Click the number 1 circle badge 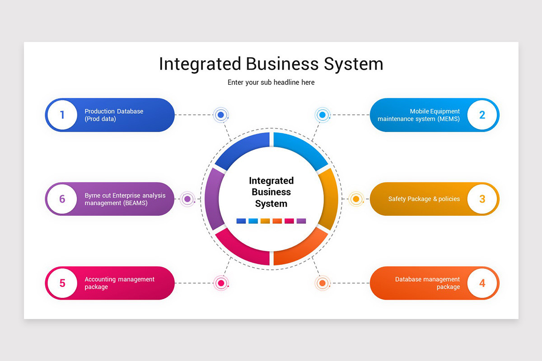point(62,115)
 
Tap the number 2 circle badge point(482,115)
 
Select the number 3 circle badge point(482,199)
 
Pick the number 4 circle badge point(482,283)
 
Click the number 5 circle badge point(62,283)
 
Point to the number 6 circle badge point(62,199)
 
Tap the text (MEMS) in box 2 point(449,119)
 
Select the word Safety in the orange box point(398,199)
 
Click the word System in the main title point(354,64)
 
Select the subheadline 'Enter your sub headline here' point(271,83)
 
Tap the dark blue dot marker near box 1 point(221,115)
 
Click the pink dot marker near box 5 point(221,283)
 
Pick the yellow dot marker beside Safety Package point(356,199)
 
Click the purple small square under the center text point(301,221)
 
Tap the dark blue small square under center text point(241,221)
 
